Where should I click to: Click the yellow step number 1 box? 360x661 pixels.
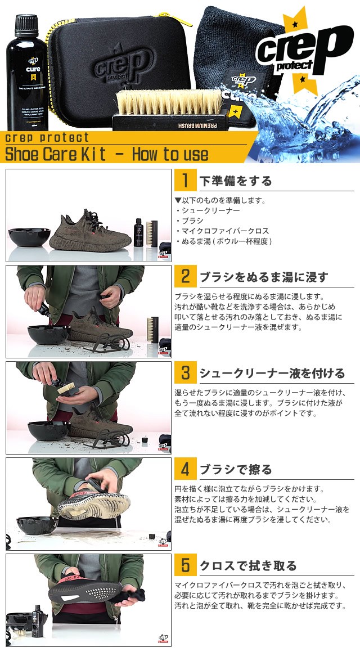click(x=184, y=181)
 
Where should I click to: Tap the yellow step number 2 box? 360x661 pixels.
click(x=184, y=277)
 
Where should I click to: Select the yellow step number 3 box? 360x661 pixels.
click(x=184, y=373)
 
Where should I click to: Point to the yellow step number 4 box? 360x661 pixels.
click(x=184, y=469)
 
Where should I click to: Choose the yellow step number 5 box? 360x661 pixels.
click(x=184, y=565)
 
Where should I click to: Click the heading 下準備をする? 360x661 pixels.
click(x=236, y=181)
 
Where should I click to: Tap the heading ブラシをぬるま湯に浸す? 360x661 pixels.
click(x=263, y=277)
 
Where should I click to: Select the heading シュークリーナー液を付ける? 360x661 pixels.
click(x=272, y=374)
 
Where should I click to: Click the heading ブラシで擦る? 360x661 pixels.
click(x=236, y=470)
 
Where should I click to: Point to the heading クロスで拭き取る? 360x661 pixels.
click(x=248, y=566)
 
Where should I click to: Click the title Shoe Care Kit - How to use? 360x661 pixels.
click(x=107, y=154)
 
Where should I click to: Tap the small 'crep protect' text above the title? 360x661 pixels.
click(x=47, y=137)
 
